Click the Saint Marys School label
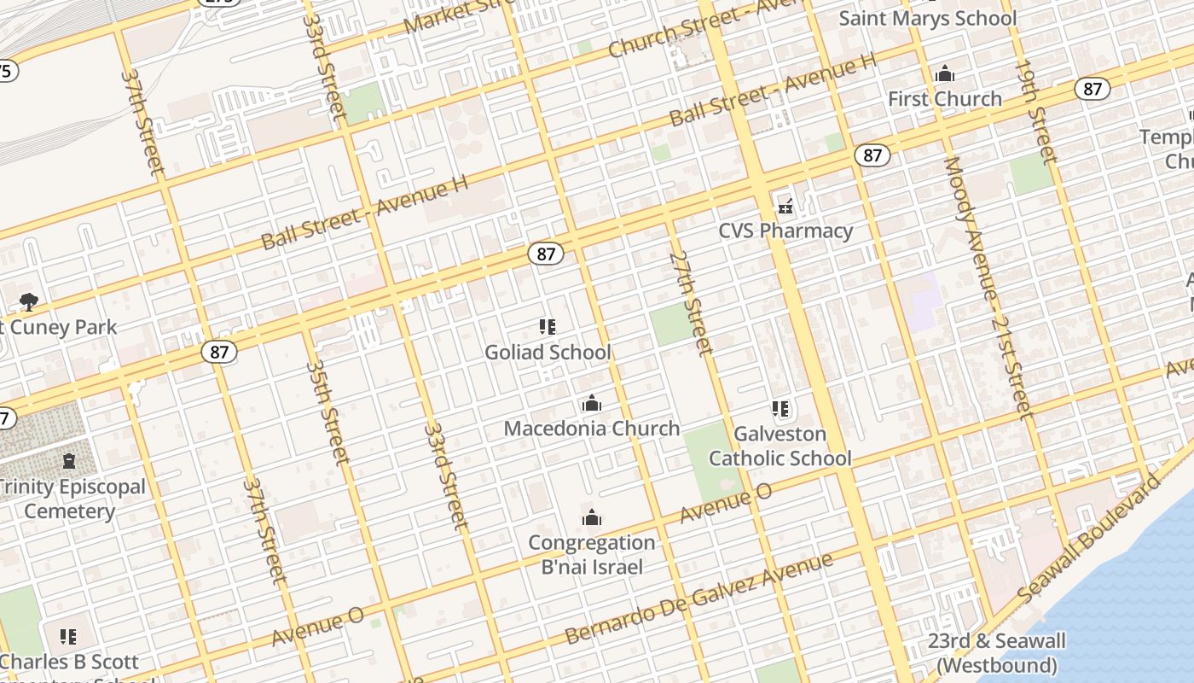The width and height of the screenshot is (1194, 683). click(x=928, y=18)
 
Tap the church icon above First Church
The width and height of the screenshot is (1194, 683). click(x=945, y=75)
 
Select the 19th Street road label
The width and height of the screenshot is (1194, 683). click(x=1035, y=111)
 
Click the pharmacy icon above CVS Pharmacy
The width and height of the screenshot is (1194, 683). click(x=785, y=207)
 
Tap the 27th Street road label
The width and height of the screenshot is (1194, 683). click(x=690, y=302)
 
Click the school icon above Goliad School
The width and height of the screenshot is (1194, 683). click(x=548, y=327)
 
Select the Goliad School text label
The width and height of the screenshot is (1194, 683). click(x=548, y=352)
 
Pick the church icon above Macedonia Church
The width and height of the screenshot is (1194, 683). click(x=591, y=404)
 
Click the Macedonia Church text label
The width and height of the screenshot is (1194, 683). click(x=591, y=429)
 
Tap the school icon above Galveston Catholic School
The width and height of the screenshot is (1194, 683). click(x=780, y=410)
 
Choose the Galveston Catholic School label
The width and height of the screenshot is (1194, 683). click(x=780, y=447)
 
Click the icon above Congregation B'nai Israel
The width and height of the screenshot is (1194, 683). click(x=591, y=517)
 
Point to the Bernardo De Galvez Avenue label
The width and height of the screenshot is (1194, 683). click(x=698, y=598)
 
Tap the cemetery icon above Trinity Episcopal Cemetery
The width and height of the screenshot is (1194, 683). click(x=69, y=462)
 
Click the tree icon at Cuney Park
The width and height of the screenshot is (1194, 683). click(x=29, y=301)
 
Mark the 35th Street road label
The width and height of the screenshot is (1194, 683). click(x=327, y=412)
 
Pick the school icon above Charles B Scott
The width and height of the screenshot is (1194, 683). click(x=68, y=637)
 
